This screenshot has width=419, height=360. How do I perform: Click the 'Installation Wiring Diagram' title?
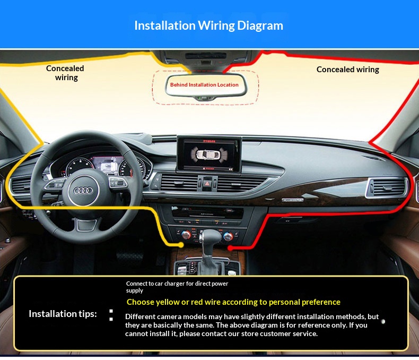[x=208, y=25]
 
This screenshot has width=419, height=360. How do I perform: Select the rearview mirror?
[x=205, y=85]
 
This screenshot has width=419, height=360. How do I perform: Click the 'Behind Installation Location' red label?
[x=204, y=84]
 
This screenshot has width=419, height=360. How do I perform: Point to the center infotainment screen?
[x=208, y=154]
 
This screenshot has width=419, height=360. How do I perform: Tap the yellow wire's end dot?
[x=181, y=245]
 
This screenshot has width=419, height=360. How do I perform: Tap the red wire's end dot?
[x=230, y=247]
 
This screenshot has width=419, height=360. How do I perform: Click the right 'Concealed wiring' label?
[x=347, y=70]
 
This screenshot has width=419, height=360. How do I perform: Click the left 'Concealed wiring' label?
[x=65, y=73]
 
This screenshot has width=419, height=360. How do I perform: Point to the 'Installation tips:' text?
[x=63, y=313]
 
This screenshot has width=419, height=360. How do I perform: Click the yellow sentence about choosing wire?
[x=233, y=302]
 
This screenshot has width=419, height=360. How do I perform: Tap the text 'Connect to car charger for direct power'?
[x=177, y=284]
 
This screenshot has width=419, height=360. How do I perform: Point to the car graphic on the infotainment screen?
[x=208, y=154]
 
